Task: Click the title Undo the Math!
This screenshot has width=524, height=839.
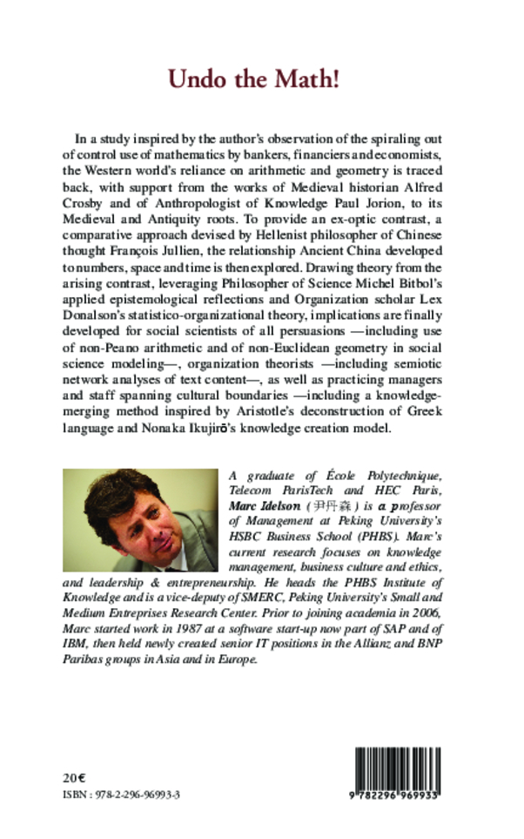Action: [x=253, y=80]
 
